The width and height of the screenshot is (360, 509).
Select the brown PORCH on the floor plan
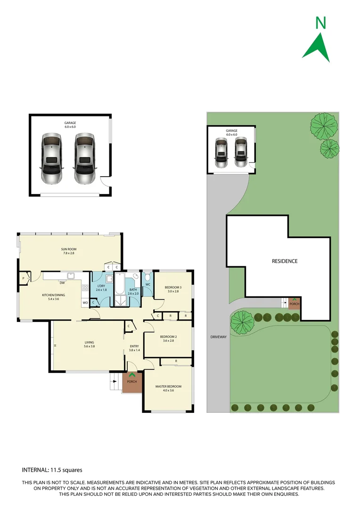point(132,382)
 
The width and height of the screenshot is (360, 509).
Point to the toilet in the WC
point(147,276)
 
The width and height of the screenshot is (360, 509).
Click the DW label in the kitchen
point(62,283)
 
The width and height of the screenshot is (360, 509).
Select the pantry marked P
point(23,279)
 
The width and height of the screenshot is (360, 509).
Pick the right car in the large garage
point(84,159)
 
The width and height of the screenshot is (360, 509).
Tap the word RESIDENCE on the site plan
point(284,261)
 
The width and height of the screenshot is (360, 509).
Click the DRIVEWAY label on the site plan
point(217,337)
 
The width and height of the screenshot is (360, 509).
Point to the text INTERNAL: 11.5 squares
point(52,470)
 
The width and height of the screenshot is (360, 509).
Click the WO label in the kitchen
point(85,303)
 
